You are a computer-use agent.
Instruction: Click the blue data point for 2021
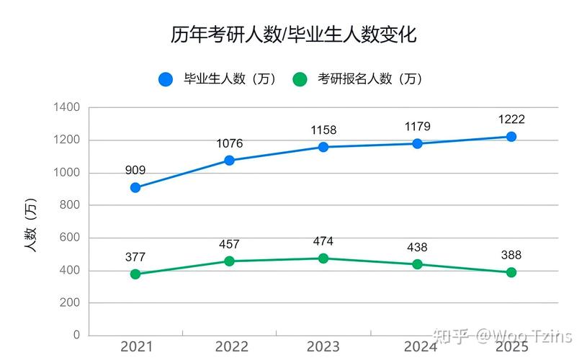click(135, 187)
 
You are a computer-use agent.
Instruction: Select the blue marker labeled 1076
click(229, 160)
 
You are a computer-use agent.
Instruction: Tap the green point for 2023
click(323, 258)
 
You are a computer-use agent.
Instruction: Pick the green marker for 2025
click(511, 272)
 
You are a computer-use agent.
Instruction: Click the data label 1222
click(511, 120)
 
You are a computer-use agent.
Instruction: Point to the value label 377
click(135, 257)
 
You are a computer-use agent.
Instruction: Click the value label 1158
click(323, 130)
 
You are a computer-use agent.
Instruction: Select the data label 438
click(418, 247)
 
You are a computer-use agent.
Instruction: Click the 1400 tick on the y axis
click(67, 107)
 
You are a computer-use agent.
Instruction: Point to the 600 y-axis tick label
click(70, 238)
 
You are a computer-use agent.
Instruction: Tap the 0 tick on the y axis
click(76, 336)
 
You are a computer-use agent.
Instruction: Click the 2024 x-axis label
click(418, 347)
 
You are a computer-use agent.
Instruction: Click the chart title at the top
click(293, 35)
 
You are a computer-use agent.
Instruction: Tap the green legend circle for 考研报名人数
click(300, 79)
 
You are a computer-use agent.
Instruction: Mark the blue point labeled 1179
click(418, 143)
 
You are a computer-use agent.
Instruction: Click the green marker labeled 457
click(229, 261)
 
